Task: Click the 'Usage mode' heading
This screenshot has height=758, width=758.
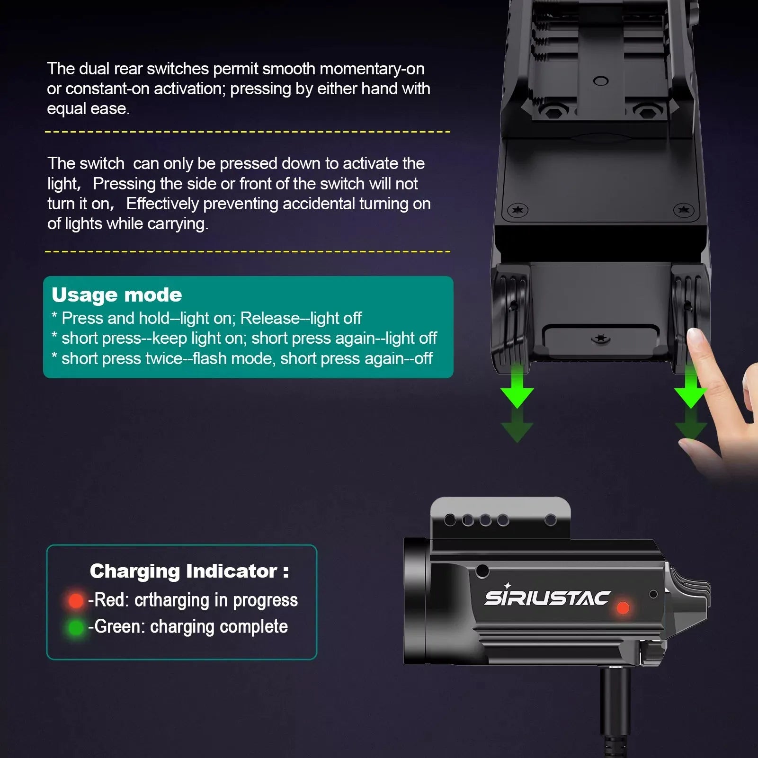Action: [x=116, y=295]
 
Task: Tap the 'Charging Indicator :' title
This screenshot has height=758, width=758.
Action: [x=189, y=571]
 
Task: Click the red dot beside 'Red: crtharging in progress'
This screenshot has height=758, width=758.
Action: [x=76, y=601]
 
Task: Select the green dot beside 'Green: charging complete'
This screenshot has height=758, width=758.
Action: [x=76, y=628]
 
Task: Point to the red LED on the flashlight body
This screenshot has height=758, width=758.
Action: [x=623, y=608]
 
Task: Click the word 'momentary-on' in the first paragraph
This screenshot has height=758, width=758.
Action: [x=372, y=69]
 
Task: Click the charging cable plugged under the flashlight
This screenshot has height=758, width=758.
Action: [x=615, y=710]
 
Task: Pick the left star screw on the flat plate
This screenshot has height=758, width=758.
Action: [x=517, y=210]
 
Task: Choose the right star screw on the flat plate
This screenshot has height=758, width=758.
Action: [x=683, y=210]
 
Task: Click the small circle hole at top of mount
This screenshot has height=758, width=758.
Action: [x=600, y=81]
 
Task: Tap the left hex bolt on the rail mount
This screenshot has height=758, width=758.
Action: [x=553, y=112]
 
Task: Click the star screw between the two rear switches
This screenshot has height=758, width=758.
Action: [x=601, y=339]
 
